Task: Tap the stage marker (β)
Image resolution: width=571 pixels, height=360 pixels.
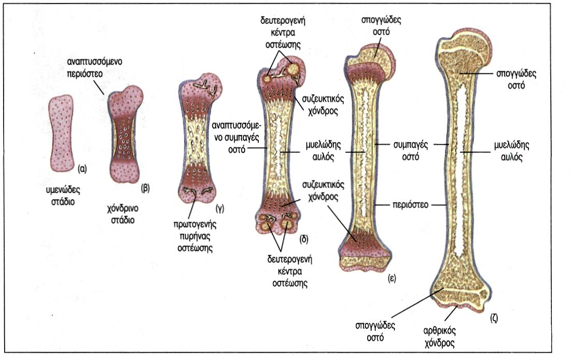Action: pyautogui.click(x=145, y=189)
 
